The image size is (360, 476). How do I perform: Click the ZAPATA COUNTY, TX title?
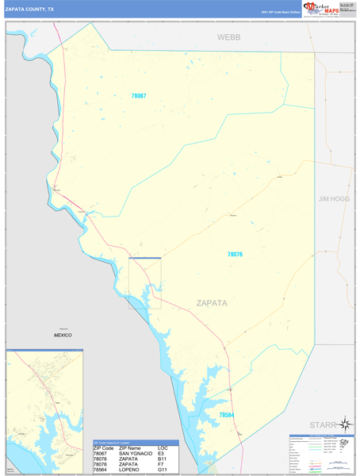tap(30, 9)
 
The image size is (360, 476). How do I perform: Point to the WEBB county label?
tap(229, 37)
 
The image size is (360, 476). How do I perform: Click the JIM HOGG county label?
tap(334, 198)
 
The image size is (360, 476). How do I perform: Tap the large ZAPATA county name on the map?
tap(212, 302)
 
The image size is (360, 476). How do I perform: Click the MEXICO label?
tap(63, 335)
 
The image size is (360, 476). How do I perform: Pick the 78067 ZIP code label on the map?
tap(139, 96)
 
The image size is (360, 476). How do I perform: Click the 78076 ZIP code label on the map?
tap(235, 255)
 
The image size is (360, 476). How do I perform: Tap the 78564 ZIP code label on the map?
tap(227, 415)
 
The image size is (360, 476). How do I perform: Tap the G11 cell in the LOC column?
tap(163, 470)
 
